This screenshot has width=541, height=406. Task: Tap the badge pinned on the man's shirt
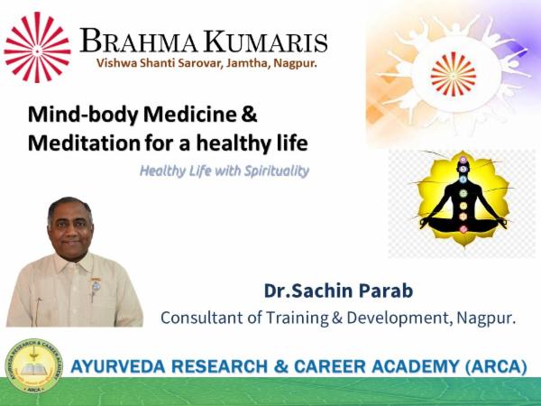point(96,287)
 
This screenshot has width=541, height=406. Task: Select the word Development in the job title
point(389,318)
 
